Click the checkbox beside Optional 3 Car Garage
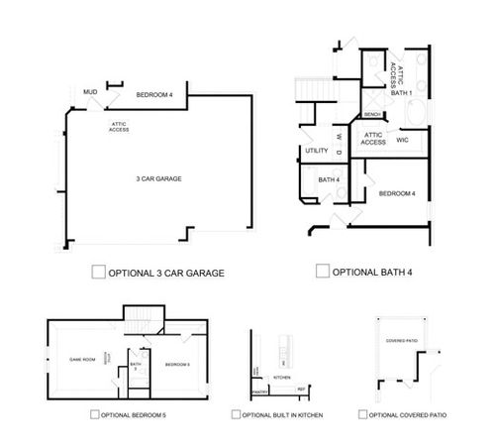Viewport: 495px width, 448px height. pyautogui.click(x=97, y=271)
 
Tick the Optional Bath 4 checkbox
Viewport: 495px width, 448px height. pyautogui.click(x=321, y=271)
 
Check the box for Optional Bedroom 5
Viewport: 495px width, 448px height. pyautogui.click(x=94, y=414)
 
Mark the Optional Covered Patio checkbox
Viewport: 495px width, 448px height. pyautogui.click(x=363, y=414)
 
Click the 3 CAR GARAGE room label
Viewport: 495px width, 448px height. pyautogui.click(x=158, y=178)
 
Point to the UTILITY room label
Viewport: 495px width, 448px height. pyautogui.click(x=317, y=151)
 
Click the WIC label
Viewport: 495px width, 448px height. pyautogui.click(x=403, y=140)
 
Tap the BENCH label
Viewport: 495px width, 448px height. pyautogui.click(x=373, y=114)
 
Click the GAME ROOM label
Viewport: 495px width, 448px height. pyautogui.click(x=81, y=358)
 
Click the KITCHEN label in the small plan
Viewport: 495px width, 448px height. pyautogui.click(x=280, y=378)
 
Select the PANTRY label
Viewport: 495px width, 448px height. pyautogui.click(x=259, y=392)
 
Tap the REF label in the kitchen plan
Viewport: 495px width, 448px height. pyautogui.click(x=301, y=392)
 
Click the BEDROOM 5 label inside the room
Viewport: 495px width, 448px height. pyautogui.click(x=177, y=364)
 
